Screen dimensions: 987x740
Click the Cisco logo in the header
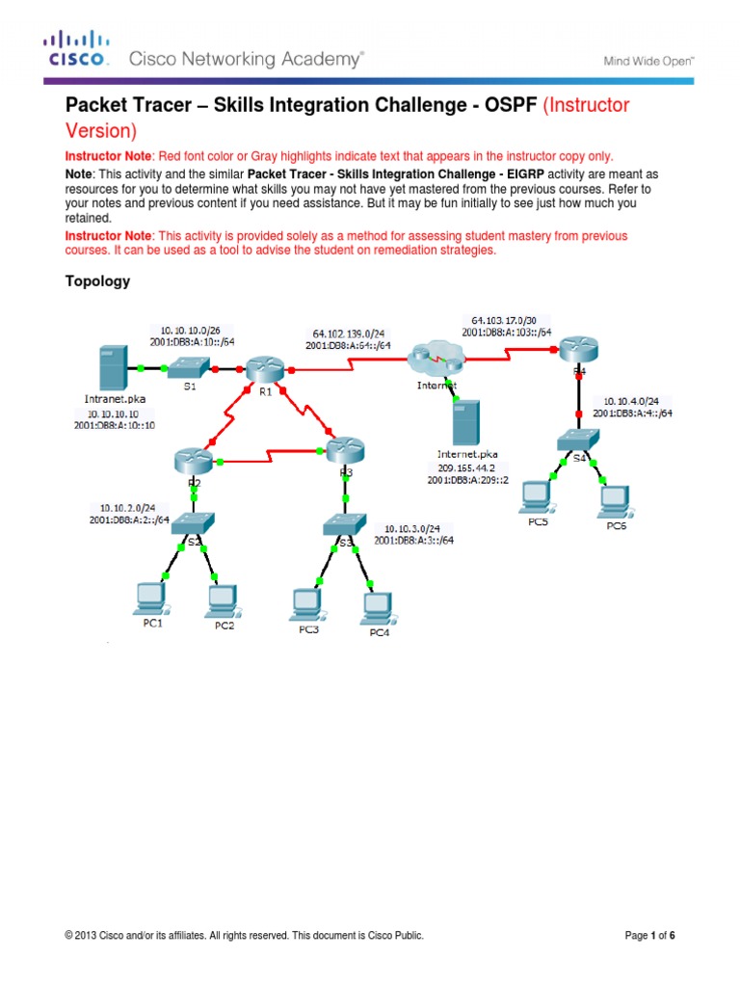pyautogui.click(x=77, y=49)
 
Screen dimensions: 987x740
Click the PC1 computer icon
pyautogui.click(x=151, y=598)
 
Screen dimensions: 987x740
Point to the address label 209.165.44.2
pyautogui.click(x=468, y=466)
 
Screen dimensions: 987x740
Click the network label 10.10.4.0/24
pyautogui.click(x=632, y=400)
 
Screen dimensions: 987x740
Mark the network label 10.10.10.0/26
pyautogui.click(x=183, y=327)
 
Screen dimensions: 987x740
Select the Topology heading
pyautogui.click(x=96, y=281)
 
